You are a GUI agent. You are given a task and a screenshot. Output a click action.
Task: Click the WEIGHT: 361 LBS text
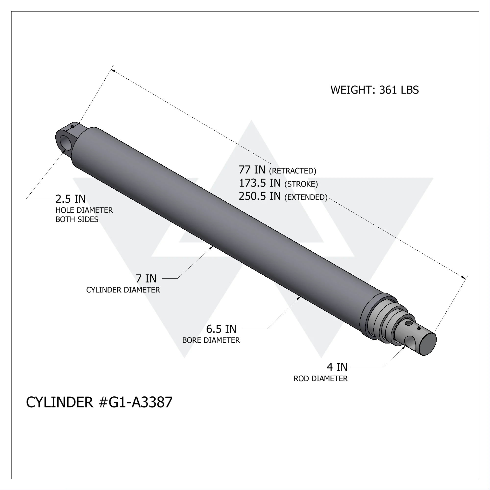tap(374, 90)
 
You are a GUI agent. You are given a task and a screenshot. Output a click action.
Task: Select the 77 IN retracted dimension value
tap(252, 170)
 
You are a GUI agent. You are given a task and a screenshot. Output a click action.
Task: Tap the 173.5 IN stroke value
tap(260, 183)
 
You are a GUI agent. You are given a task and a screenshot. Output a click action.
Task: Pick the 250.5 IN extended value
tap(260, 196)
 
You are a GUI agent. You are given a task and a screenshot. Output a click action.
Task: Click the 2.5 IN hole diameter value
tap(71, 199)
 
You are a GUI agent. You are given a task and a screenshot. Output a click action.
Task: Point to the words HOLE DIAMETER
tap(84, 210)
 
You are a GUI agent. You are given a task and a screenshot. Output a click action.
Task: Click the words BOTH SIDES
tap(77, 219)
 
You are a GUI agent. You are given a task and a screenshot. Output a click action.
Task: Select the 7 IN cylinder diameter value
tap(146, 279)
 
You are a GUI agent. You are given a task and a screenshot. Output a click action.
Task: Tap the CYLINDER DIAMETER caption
tap(123, 290)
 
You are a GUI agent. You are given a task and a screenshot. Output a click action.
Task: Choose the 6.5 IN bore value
tap(221, 329)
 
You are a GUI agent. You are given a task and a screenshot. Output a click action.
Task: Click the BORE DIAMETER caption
tap(211, 340)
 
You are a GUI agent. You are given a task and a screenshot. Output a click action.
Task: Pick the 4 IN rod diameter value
tap(337, 367)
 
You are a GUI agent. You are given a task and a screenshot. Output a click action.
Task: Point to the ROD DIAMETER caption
tap(320, 379)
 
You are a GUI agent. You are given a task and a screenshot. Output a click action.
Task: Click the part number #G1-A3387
tap(135, 402)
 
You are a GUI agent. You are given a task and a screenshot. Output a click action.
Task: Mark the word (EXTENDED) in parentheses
tap(306, 197)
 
